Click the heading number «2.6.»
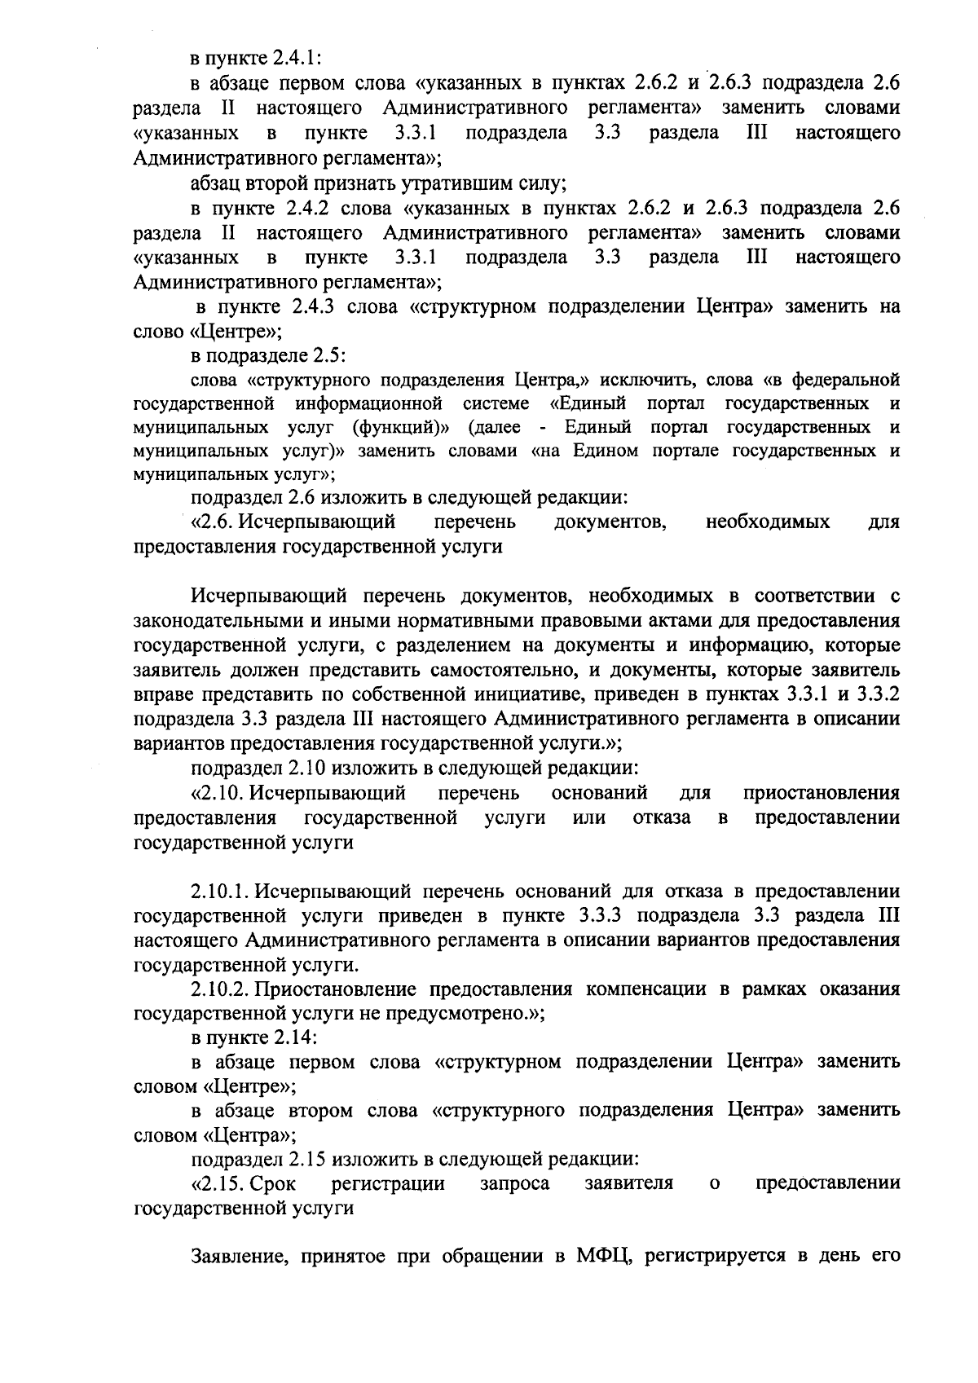point(214,522)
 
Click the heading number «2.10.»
point(218,793)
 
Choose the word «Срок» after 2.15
point(275,1183)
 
